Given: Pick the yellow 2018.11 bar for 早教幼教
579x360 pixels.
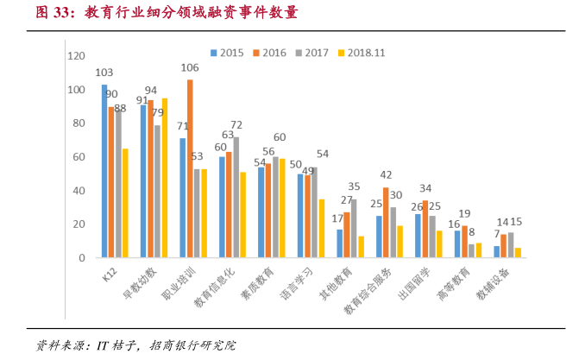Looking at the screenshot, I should coord(164,178).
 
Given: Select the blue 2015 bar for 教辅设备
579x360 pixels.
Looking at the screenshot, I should coord(496,252).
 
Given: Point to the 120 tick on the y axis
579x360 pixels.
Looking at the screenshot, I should coord(77,56).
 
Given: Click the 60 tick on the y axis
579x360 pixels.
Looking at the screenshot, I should coord(79,157).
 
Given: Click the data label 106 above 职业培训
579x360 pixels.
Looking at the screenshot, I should coord(190,67).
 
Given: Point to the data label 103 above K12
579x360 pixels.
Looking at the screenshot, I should coord(104,73).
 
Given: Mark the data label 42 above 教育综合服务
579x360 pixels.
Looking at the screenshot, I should coord(386,174).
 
